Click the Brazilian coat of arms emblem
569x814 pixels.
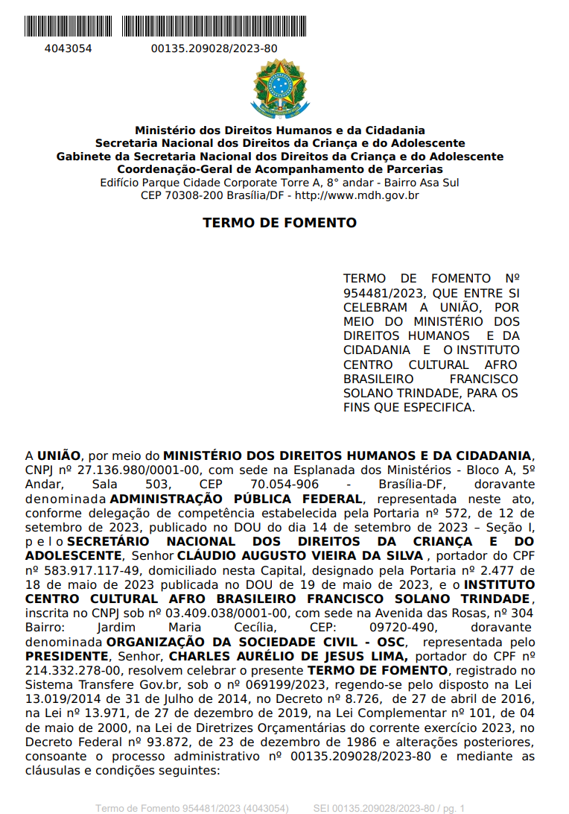coord(279,88)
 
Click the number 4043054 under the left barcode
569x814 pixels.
coord(69,48)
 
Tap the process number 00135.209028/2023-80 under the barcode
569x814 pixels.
coord(214,48)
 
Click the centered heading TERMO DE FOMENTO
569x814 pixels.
coord(279,223)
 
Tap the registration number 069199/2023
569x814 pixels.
coord(267,684)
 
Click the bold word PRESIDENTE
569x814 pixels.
coord(66,656)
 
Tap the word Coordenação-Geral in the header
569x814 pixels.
coord(177,169)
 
